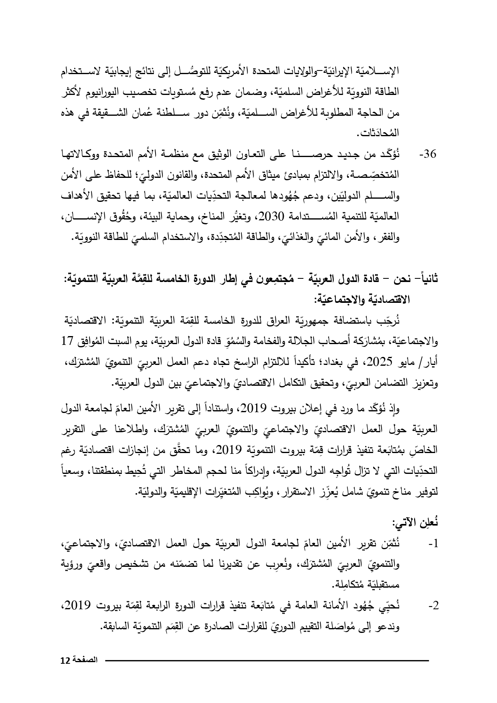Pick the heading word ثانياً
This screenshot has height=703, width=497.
[x=426, y=279]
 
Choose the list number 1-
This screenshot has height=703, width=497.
[x=432, y=544]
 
